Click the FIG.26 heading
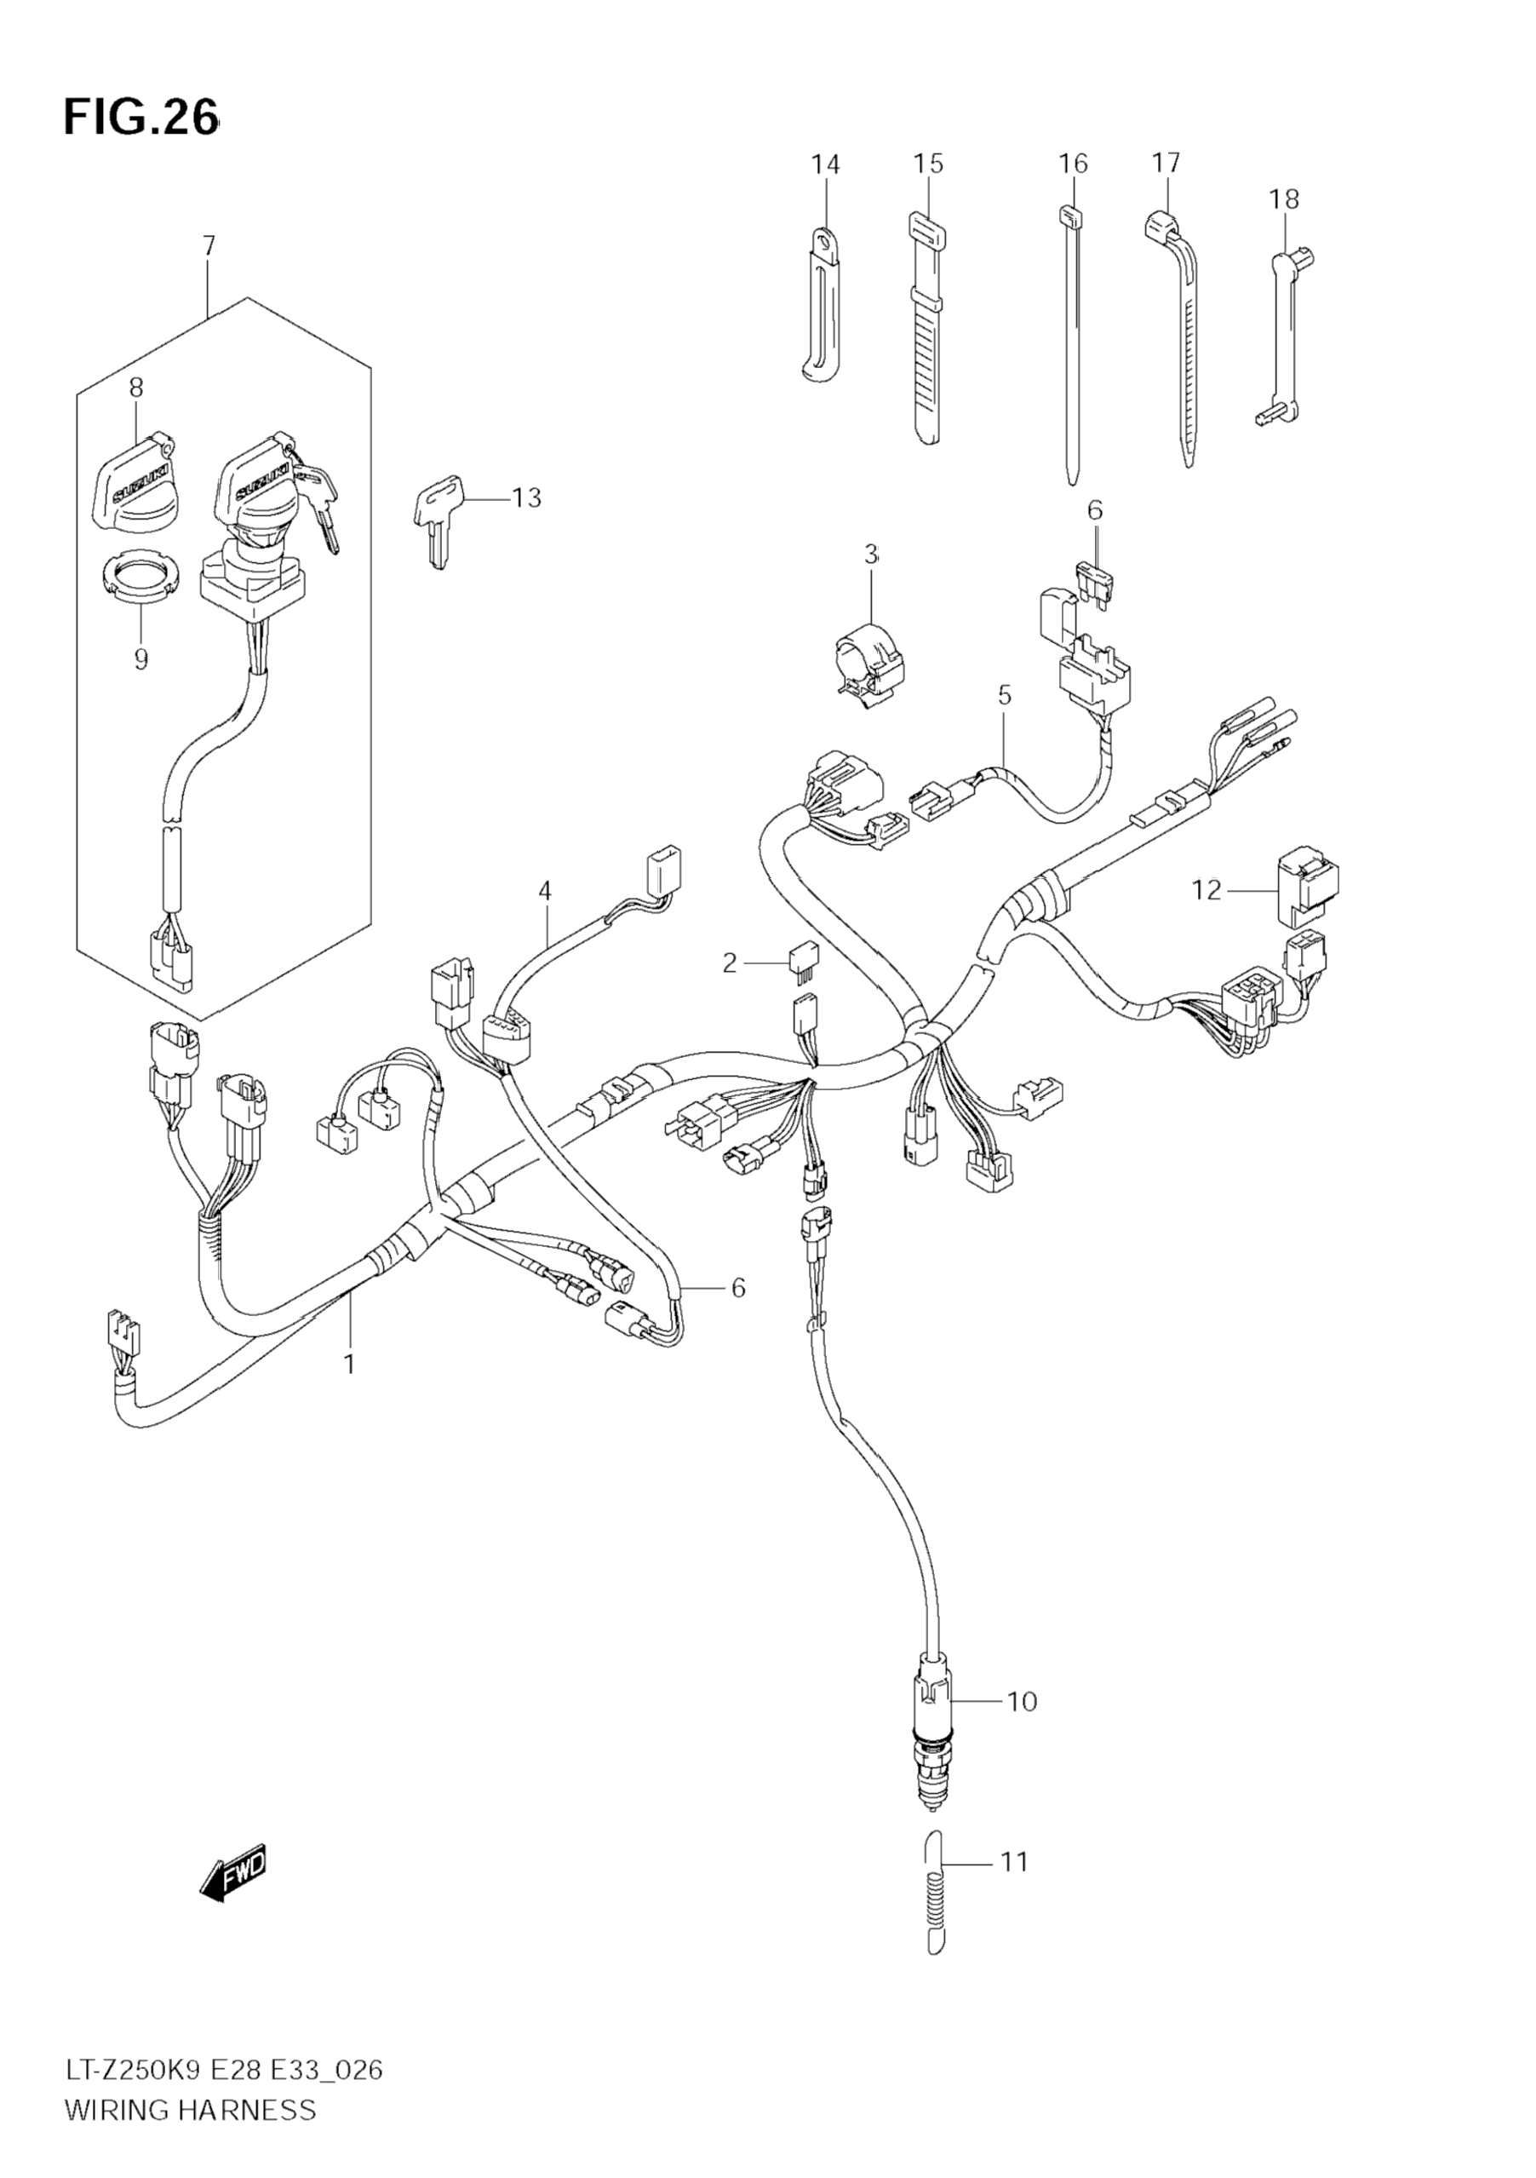coord(141,118)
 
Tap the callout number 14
coord(825,164)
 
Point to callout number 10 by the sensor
coord(1022,1701)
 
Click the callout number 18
coord(1285,199)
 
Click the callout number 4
coord(544,890)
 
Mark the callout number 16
coord(1074,164)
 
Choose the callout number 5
coord(1005,695)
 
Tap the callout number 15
coord(928,164)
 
